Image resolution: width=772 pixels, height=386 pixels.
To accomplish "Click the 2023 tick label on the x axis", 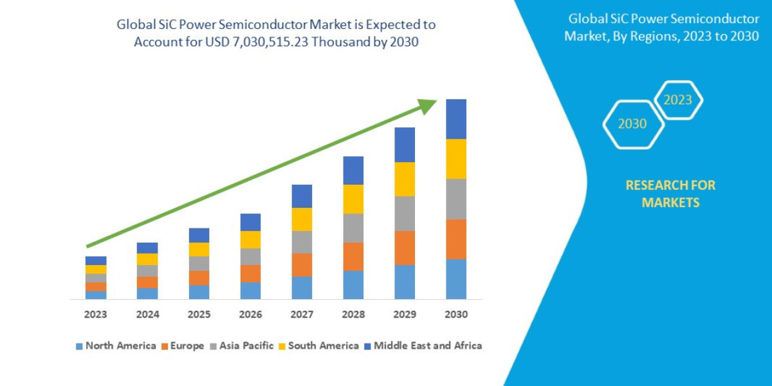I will click(96, 315).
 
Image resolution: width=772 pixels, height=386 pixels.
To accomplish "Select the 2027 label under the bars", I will click(302, 315).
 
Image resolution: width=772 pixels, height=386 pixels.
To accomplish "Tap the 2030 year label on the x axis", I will click(456, 315).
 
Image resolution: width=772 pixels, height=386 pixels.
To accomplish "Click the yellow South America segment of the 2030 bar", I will click(456, 159).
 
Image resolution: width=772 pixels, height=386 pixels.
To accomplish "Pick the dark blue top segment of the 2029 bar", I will click(405, 145).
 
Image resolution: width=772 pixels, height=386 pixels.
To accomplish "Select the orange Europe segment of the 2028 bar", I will click(353, 256).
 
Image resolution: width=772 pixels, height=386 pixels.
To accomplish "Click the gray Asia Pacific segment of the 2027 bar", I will click(302, 242).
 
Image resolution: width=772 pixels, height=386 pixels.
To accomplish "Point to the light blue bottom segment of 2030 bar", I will click(456, 279).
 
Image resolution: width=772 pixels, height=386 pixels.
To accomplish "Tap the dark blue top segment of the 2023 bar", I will click(96, 261).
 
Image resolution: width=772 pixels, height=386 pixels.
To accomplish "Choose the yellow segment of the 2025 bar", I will click(199, 250).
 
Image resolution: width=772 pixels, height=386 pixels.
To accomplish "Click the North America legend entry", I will click(116, 345).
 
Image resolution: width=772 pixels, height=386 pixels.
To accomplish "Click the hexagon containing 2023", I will click(678, 100).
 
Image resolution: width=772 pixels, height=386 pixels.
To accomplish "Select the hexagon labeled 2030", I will click(632, 124).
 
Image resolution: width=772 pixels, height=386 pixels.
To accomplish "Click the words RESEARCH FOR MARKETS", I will click(670, 194).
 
